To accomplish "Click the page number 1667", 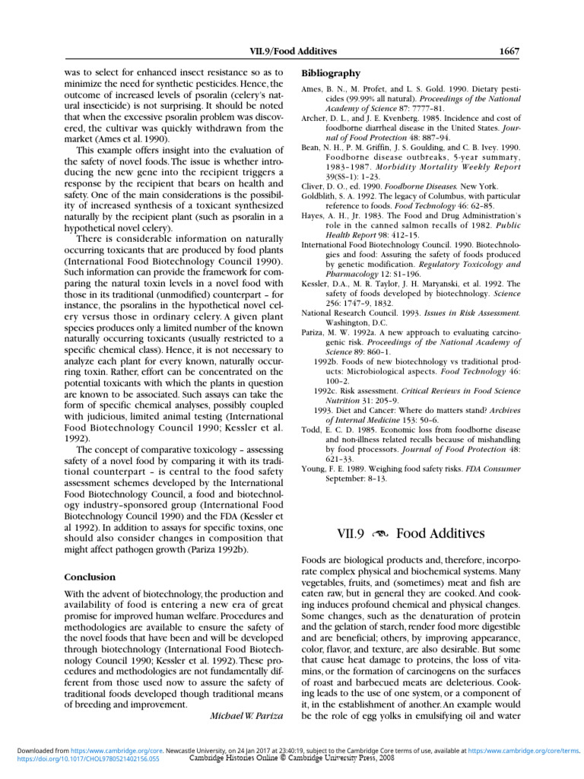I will coord(509,52).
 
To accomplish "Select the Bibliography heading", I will coord(331,74).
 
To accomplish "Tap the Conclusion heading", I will coord(90,577).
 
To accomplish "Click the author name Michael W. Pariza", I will coord(246,716).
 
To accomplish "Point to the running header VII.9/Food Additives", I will coord(294,52).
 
